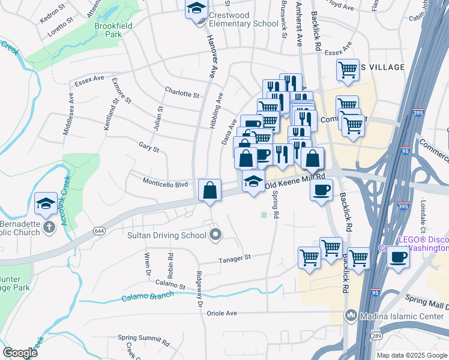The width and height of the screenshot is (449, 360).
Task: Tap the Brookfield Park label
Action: [x=108, y=31]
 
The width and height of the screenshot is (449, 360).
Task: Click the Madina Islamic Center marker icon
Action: [x=351, y=315]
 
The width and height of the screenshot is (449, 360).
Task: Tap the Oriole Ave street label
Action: [x=221, y=313]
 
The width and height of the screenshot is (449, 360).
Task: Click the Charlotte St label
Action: [x=182, y=94]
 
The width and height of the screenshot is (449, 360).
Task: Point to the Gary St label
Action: [x=149, y=147]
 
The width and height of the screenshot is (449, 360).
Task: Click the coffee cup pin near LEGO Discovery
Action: [x=399, y=258]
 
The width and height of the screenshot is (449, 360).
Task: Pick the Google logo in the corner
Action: [x=19, y=353]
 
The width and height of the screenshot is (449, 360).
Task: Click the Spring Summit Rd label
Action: [x=143, y=338]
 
